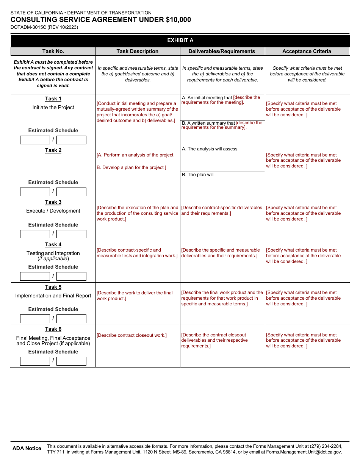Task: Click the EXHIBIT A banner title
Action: coord(180,41)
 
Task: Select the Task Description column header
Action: coord(138,52)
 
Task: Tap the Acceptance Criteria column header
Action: coord(307,52)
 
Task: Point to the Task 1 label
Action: coord(53,99)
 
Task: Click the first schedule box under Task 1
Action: coord(35,140)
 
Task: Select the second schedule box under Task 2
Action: coord(71,192)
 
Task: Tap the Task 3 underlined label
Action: coord(53,202)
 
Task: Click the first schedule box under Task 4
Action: coord(35,277)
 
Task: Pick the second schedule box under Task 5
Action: coord(71,319)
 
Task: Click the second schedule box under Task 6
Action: coord(71,361)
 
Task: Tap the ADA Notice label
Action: coord(27,449)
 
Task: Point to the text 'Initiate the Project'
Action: coord(53,108)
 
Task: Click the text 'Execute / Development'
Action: coord(53,211)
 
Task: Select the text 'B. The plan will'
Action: coord(198,175)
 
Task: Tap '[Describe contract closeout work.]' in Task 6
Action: coord(131,335)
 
